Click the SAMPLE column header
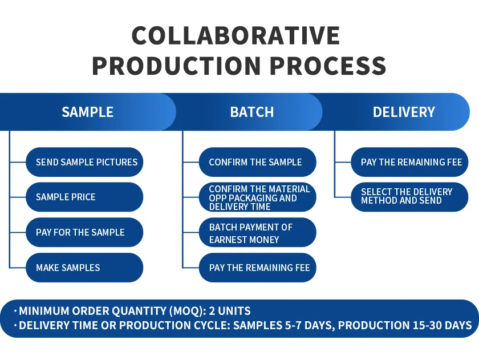click(x=87, y=112)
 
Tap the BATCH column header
click(x=251, y=112)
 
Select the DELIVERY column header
click(x=404, y=112)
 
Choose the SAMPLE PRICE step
click(x=84, y=197)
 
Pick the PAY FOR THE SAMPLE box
click(x=84, y=232)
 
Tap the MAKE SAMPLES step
click(x=84, y=268)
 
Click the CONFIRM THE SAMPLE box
click(x=257, y=162)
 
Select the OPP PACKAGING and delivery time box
click(x=257, y=197)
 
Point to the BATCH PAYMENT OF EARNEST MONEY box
click(x=257, y=233)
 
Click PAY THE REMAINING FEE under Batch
click(x=257, y=268)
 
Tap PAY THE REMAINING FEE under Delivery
click(x=409, y=162)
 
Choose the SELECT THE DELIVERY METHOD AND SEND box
click(x=409, y=196)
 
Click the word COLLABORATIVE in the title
click(x=236, y=36)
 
